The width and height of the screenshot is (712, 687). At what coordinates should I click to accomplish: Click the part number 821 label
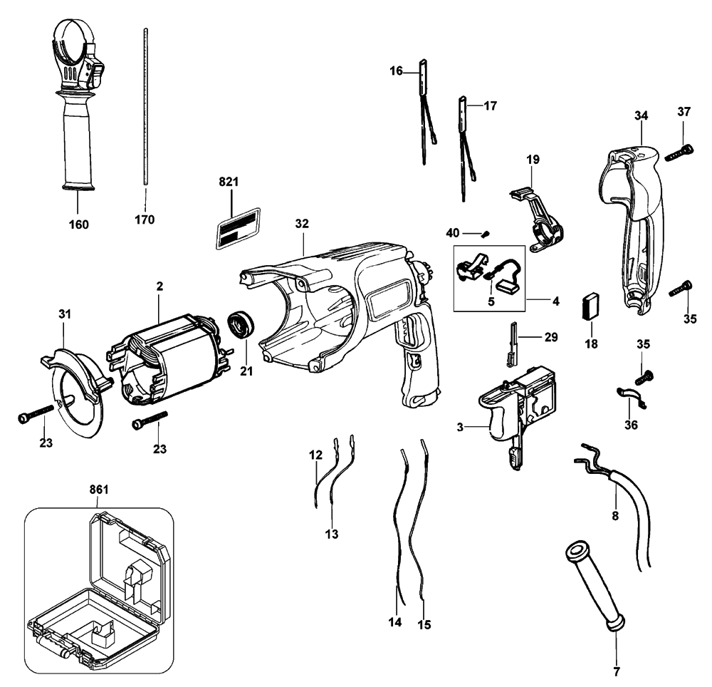click(229, 182)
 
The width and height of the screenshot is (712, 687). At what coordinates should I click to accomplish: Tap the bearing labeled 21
click(241, 324)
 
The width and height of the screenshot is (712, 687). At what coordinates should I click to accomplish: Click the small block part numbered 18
click(591, 306)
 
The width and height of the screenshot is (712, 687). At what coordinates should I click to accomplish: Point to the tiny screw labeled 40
click(486, 234)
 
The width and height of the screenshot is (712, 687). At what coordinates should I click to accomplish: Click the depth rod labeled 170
click(146, 106)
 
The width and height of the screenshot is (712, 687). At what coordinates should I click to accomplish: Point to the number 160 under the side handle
click(78, 224)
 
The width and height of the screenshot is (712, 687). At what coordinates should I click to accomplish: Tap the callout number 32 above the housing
click(302, 224)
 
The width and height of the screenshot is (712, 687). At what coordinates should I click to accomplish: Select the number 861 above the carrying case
click(99, 490)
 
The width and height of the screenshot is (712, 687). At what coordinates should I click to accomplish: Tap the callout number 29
click(551, 337)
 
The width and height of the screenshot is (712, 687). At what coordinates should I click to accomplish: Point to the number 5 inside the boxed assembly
click(491, 301)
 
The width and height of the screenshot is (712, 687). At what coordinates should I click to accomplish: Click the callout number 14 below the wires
click(395, 622)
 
